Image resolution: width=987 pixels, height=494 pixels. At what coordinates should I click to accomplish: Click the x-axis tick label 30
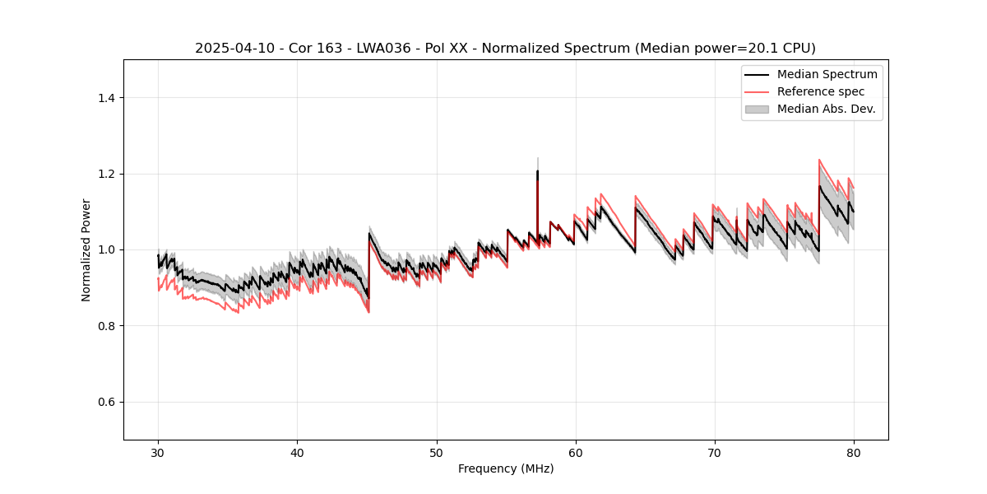click(158, 453)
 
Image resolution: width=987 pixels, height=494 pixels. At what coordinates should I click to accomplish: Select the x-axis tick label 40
click(297, 453)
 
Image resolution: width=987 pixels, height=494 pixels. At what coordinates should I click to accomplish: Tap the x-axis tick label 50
click(436, 453)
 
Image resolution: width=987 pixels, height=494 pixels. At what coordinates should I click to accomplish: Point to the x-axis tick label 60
click(575, 453)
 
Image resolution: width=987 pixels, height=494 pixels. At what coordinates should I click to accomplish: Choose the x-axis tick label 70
click(714, 453)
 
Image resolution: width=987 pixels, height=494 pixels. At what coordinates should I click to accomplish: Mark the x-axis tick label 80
click(853, 453)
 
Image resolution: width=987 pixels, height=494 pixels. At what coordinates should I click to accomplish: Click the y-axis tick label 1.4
click(105, 98)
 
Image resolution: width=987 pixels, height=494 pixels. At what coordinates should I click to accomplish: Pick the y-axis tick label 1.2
click(105, 174)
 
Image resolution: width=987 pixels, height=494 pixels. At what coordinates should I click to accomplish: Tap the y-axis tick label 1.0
click(105, 249)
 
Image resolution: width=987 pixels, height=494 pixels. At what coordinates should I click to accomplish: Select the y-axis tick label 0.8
click(105, 326)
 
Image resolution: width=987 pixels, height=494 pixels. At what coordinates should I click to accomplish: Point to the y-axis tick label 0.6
click(105, 402)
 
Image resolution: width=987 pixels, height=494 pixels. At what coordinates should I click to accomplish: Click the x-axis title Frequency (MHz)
click(506, 468)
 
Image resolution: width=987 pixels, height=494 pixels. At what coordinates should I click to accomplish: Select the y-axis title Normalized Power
click(86, 249)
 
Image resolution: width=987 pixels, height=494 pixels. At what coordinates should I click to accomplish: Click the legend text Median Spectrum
click(827, 74)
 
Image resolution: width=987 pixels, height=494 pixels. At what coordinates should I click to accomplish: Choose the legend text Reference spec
click(820, 91)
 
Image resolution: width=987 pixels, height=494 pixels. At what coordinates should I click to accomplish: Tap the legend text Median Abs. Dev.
click(826, 109)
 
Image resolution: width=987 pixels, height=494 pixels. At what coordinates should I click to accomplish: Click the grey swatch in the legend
click(757, 109)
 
